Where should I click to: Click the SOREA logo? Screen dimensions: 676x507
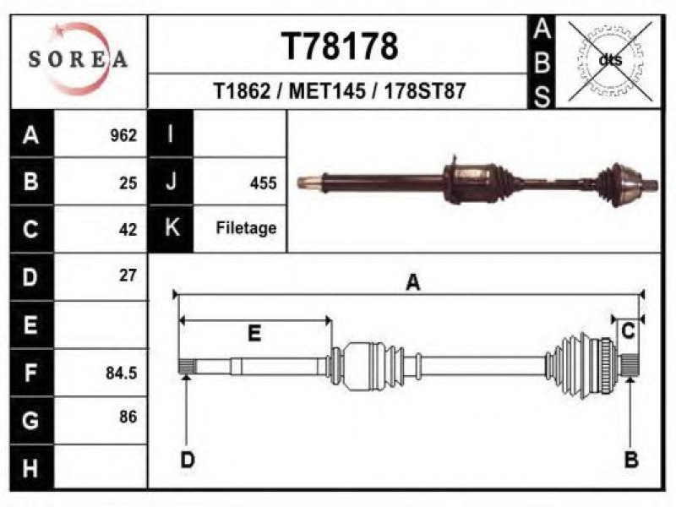point(78,59)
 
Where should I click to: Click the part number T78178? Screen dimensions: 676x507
point(340,46)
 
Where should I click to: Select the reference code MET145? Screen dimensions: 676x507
point(327,91)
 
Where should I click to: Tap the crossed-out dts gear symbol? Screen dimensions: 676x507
point(610,61)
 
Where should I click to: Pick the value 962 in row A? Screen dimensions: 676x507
point(123,135)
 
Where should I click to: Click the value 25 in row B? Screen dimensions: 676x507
point(128,183)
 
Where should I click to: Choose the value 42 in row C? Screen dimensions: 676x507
point(128,229)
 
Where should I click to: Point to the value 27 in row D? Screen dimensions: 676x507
point(128,275)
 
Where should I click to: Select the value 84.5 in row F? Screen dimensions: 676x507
point(121,373)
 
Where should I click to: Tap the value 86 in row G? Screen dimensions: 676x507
point(128,417)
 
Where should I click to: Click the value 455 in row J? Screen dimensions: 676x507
point(263,183)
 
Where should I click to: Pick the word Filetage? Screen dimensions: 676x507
point(246,227)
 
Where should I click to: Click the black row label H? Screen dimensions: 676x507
point(31,468)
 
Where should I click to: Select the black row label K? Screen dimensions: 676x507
point(172,228)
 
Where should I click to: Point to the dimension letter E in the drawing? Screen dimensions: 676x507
point(254,334)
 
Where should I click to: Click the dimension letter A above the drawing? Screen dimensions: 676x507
point(413,283)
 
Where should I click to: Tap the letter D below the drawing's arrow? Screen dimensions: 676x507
point(188,460)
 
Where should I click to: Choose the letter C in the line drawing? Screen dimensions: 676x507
point(628,331)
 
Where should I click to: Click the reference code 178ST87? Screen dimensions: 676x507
point(425,91)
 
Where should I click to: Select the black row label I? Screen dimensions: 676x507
point(171,134)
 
